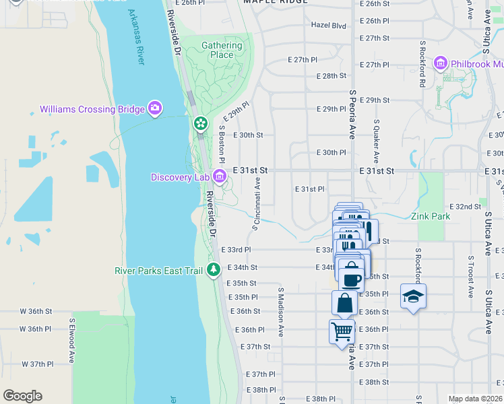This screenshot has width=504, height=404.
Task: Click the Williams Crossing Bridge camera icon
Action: [x=155, y=108]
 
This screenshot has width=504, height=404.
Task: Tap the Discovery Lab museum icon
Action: [x=219, y=176]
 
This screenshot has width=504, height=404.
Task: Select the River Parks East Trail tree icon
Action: [x=214, y=270]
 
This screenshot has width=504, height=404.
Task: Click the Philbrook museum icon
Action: [x=441, y=64]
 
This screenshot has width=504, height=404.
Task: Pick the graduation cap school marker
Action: [x=412, y=296]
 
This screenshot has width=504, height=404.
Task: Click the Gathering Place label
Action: [x=222, y=50]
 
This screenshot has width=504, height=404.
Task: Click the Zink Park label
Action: [x=431, y=217]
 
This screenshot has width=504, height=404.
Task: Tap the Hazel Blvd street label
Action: [x=328, y=26]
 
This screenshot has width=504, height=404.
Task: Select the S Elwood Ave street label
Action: [x=71, y=341]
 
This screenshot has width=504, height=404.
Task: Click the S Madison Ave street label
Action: [x=281, y=313]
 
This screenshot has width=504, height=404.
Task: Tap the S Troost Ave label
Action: [x=469, y=276]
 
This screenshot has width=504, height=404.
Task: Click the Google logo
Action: [x=22, y=396]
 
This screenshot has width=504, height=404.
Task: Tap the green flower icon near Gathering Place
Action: [x=200, y=124]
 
